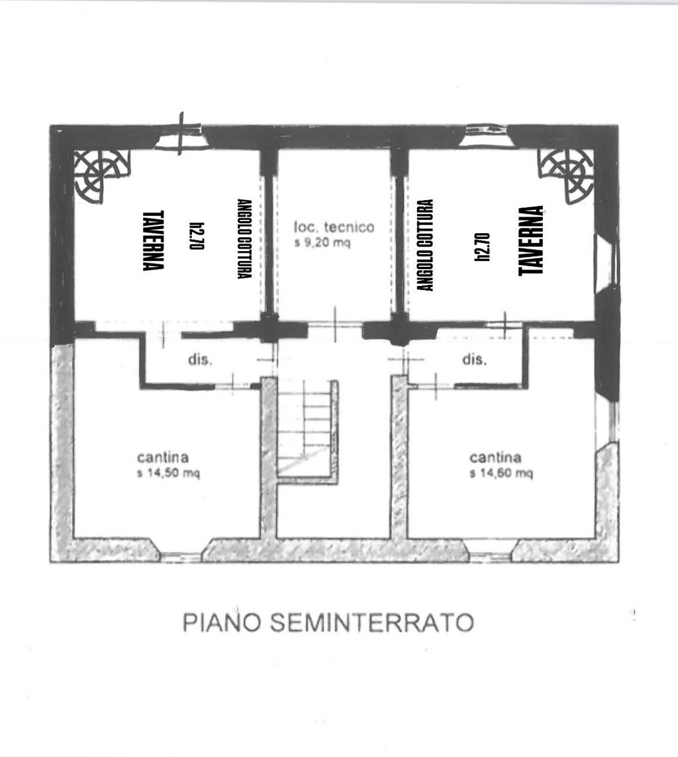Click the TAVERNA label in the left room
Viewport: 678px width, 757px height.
tap(154, 240)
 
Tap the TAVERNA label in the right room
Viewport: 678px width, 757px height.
tap(531, 241)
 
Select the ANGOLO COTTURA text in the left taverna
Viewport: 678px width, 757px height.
tap(244, 238)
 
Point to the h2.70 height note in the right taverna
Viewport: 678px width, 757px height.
tap(483, 246)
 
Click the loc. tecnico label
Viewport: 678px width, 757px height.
tap(334, 227)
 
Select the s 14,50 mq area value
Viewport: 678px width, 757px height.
tap(168, 473)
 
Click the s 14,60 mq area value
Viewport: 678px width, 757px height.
tap(501, 473)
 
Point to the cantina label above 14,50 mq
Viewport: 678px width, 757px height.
tap(163, 457)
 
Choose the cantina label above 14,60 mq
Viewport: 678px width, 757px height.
tap(496, 457)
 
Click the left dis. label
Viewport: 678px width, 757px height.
tap(200, 360)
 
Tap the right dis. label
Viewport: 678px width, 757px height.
tap(474, 360)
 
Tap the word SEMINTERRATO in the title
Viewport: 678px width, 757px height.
tap(371, 623)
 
